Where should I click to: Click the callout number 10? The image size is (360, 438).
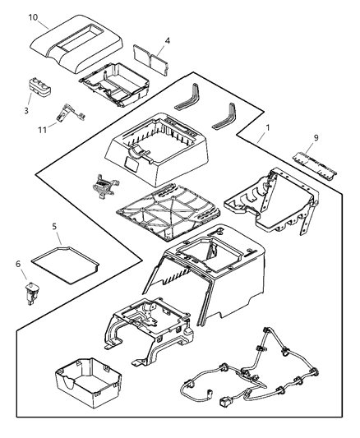[32, 16]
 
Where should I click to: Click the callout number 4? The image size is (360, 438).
[167, 39]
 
